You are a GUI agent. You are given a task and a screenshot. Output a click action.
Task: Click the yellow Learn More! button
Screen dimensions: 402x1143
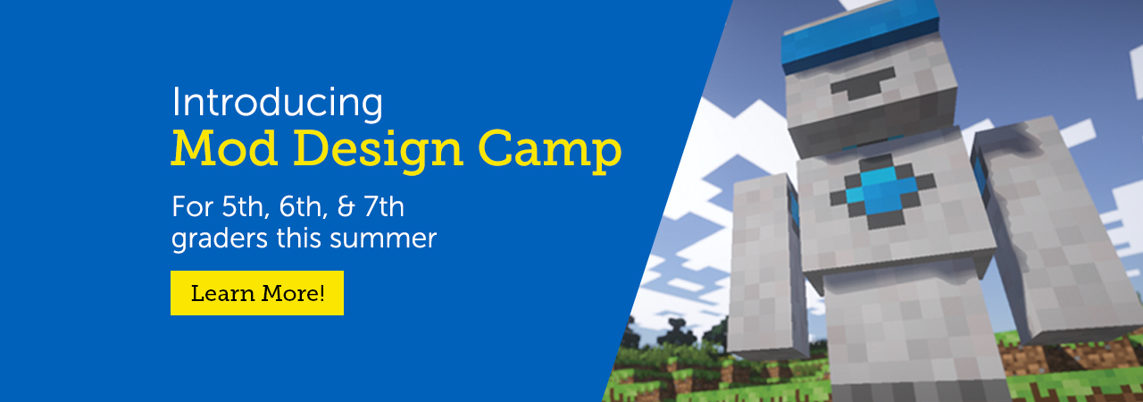coord(256,293)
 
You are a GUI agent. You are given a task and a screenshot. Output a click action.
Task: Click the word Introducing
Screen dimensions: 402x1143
coord(277,103)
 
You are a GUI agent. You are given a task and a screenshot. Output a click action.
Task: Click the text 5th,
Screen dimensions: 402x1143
coord(245,208)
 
